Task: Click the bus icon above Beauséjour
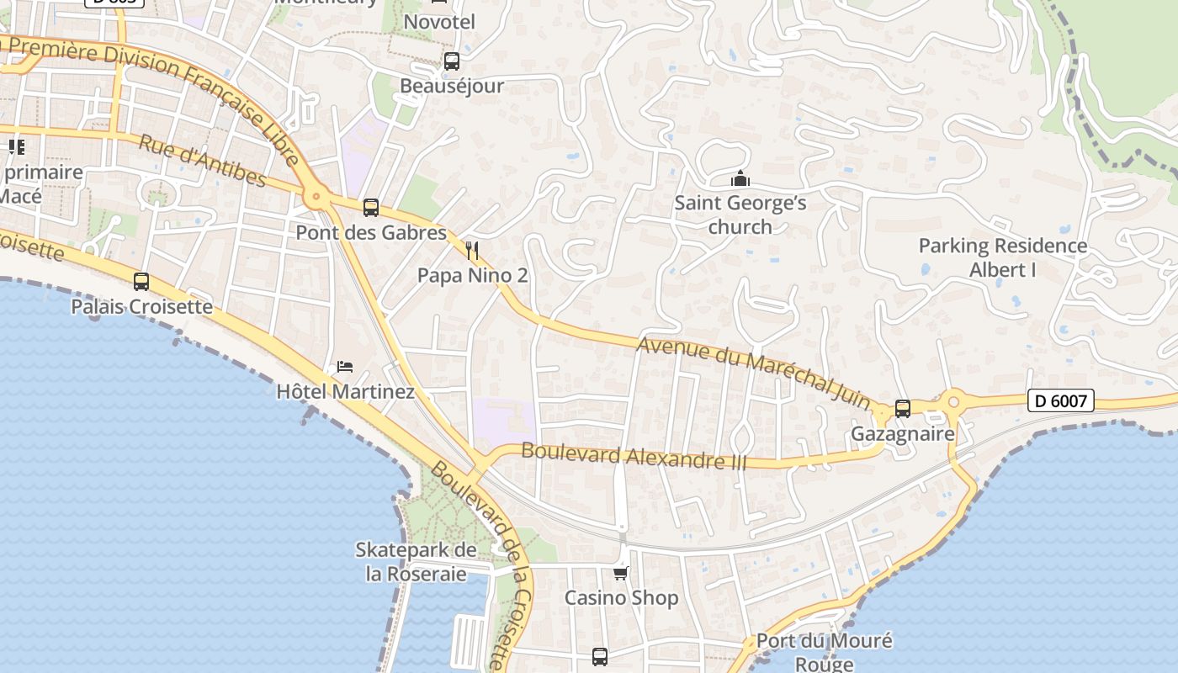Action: click(452, 61)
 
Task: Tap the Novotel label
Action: click(439, 22)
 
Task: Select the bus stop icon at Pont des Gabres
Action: click(370, 208)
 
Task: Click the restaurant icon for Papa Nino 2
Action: click(472, 250)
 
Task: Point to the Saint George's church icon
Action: click(740, 178)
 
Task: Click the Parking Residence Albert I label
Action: click(1003, 257)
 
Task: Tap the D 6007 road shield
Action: click(1060, 401)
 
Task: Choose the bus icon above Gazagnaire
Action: click(903, 409)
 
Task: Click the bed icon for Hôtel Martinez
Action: click(345, 367)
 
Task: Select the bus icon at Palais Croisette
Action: click(141, 282)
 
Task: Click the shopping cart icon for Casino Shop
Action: click(621, 573)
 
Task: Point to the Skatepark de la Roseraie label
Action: click(416, 562)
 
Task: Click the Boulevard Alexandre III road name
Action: click(622, 455)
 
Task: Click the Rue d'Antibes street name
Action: click(202, 161)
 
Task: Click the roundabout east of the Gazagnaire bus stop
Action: click(953, 401)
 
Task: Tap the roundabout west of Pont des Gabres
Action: click(316, 198)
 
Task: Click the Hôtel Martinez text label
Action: click(345, 392)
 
